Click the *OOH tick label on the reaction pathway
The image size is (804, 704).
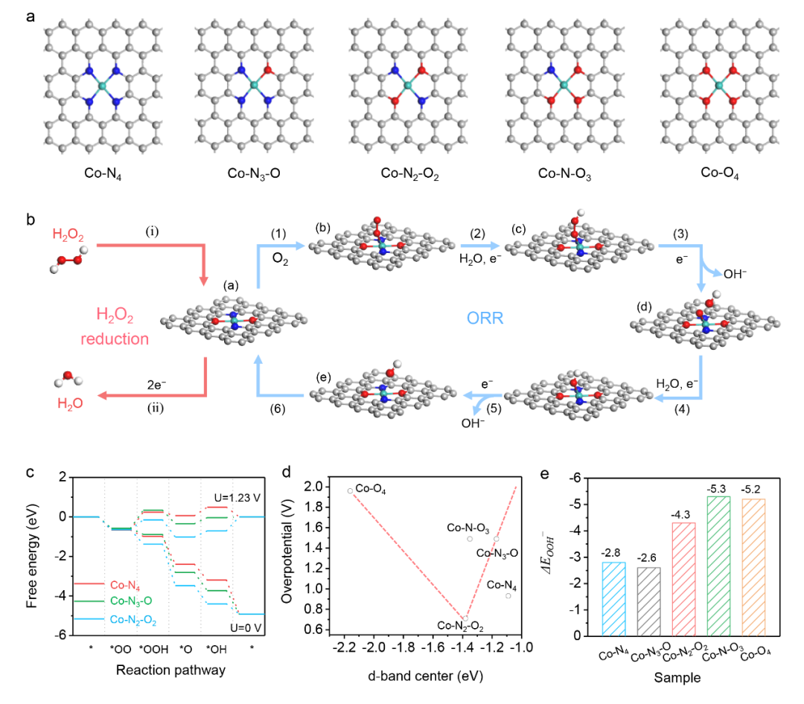pyautogui.click(x=153, y=649)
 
